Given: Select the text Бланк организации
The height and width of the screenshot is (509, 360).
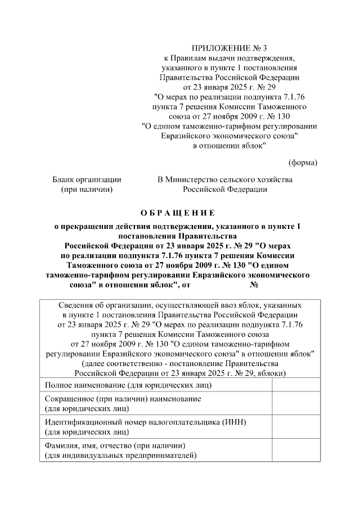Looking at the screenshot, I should (87, 179).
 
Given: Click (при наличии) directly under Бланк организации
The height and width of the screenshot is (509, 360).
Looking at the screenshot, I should (87, 190).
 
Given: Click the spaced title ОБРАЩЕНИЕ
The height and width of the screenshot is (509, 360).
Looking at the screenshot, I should (177, 213).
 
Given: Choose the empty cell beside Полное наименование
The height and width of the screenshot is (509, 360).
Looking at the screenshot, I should (296, 385).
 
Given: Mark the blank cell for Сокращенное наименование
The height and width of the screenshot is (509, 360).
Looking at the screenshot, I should (296, 403).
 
